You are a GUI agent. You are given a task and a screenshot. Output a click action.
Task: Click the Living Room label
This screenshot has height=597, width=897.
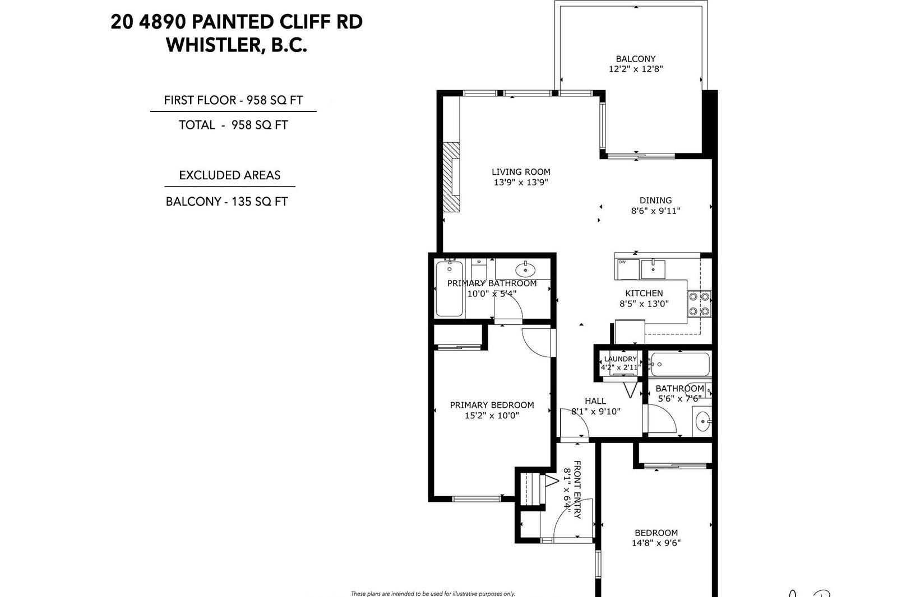click(521, 172)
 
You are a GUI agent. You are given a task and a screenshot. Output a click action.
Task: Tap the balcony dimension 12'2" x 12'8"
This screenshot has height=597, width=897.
click(636, 69)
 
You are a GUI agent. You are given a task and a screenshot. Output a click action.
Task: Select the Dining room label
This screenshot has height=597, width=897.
click(655, 200)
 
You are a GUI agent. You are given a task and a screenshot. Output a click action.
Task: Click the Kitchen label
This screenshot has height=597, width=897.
click(644, 293)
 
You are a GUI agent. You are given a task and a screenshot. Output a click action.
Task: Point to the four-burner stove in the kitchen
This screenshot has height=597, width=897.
click(699, 304)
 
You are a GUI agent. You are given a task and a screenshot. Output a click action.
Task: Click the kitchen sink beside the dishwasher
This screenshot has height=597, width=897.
click(653, 269)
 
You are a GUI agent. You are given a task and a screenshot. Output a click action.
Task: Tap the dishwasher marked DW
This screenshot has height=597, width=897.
click(627, 269)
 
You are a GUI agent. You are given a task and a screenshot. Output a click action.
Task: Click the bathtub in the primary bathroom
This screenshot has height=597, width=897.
click(449, 288)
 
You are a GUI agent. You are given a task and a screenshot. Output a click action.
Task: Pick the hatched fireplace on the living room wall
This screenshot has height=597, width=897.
click(451, 177)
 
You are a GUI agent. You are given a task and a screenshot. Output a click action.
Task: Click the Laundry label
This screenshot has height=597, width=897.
click(620, 359)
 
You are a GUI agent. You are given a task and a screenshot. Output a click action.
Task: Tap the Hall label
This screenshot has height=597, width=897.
click(595, 400)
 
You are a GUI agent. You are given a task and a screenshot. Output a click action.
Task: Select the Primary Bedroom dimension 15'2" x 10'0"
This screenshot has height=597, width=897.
click(492, 416)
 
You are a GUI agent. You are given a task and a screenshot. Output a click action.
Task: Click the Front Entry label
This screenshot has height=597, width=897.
click(577, 489)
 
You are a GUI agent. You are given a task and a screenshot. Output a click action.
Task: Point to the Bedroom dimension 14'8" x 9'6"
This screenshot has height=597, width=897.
click(656, 543)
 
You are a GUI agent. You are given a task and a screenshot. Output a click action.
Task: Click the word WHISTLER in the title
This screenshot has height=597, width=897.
click(214, 45)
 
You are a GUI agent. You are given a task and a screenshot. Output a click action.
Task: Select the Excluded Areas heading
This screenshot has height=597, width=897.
click(229, 175)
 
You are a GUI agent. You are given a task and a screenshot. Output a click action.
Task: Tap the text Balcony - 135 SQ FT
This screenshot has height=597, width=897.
click(226, 201)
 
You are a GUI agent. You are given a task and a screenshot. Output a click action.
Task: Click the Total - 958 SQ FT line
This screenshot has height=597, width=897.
click(233, 125)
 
